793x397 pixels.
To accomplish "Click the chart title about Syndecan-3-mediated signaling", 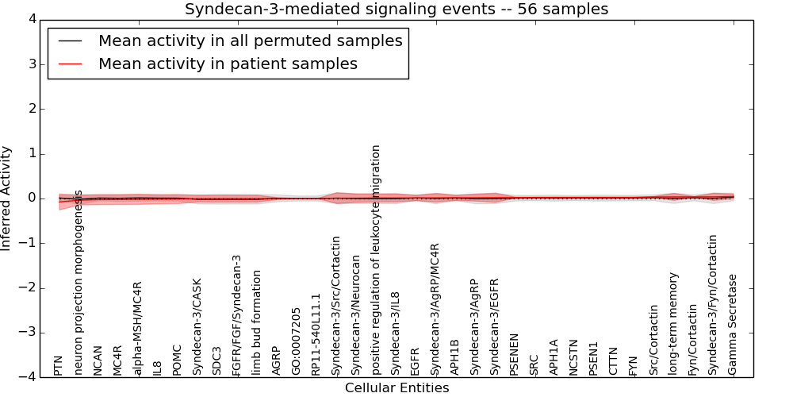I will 396,10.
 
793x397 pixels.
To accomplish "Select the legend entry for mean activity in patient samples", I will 228,64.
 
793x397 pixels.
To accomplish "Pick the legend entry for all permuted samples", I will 250,40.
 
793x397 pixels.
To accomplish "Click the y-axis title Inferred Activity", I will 6,198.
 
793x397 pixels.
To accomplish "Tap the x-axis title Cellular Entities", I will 396,388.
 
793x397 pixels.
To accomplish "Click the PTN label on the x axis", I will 58,365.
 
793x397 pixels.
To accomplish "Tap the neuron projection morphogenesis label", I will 79,283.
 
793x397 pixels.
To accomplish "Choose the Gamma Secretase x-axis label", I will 733,324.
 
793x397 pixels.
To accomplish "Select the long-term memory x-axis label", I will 673,323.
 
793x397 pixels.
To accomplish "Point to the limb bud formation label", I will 257,322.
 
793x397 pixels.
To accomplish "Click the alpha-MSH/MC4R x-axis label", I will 138,328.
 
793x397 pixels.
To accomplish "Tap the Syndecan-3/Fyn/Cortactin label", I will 713,304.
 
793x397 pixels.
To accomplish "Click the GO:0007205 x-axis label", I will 297,341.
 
